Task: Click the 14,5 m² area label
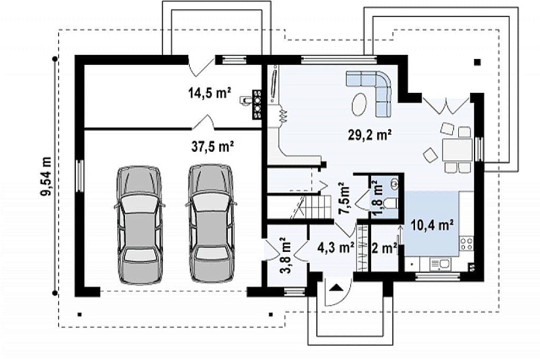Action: pos(209,92)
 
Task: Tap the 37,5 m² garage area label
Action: pos(213,147)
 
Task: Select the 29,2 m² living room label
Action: pos(370,135)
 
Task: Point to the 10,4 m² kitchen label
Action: pos(432,225)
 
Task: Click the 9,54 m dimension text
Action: pos(46,176)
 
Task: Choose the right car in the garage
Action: pos(211,223)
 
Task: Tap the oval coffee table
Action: pos(359,104)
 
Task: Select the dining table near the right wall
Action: pos(458,150)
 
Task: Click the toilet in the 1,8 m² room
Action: pos(391,204)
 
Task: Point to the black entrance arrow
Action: pos(335,287)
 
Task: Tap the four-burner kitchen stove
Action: pos(466,243)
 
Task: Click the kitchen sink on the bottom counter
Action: pos(439,264)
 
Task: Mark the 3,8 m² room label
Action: pos(285,255)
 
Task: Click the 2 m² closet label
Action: pos(385,247)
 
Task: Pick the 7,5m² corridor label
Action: pos(344,198)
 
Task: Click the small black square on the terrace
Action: pos(477,62)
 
